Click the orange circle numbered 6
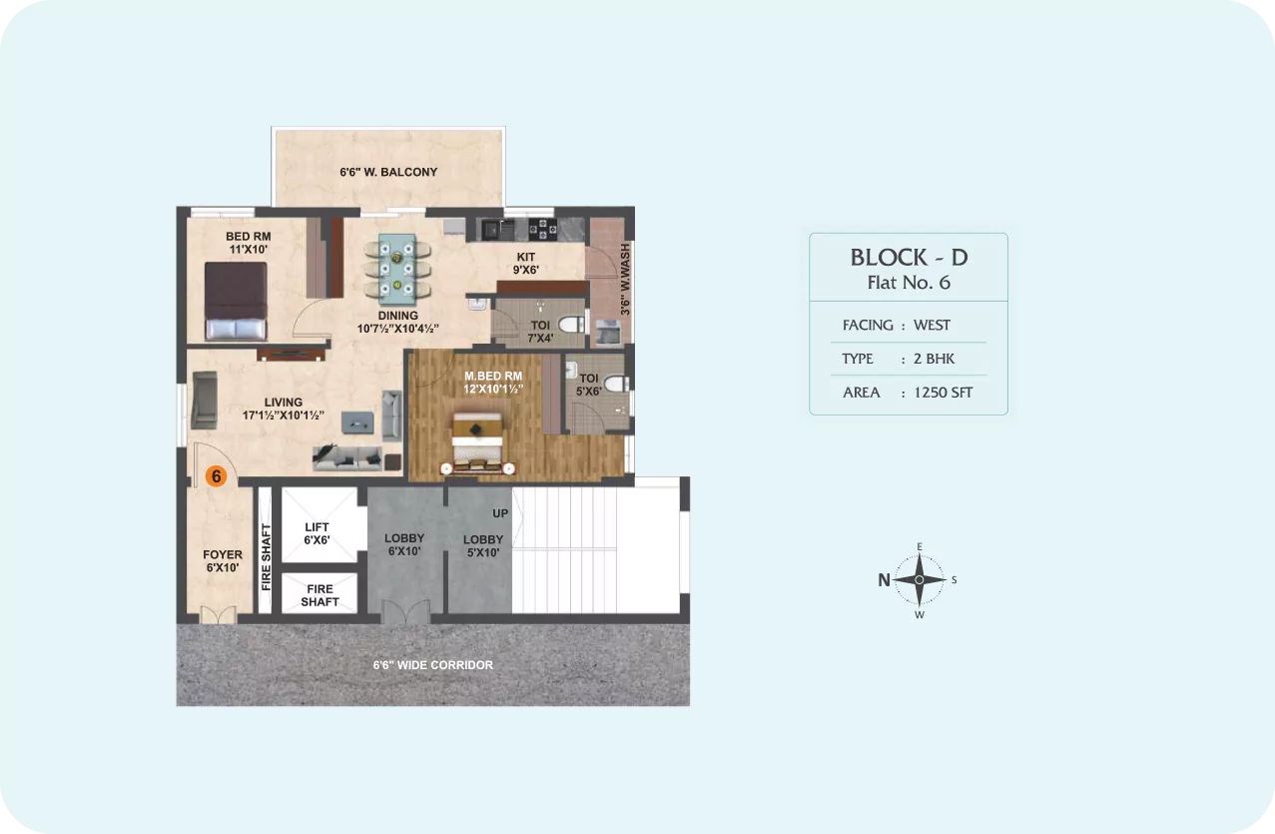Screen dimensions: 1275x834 (x=217, y=475)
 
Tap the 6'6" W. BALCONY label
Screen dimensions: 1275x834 (x=388, y=172)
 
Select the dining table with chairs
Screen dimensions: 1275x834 (x=397, y=268)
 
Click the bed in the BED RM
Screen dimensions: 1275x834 (x=236, y=301)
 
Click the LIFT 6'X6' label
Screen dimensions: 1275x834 (x=317, y=533)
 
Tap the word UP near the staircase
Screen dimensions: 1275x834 (x=500, y=513)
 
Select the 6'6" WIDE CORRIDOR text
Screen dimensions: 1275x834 (x=433, y=665)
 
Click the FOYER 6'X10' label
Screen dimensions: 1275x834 (x=223, y=560)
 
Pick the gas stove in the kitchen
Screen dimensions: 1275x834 (x=542, y=229)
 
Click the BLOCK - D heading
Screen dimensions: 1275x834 (x=909, y=258)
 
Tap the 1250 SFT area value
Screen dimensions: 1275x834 (x=944, y=393)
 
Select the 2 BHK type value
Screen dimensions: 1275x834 (x=935, y=359)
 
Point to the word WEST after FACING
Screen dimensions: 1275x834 (x=932, y=325)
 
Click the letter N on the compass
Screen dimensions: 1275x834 (x=884, y=580)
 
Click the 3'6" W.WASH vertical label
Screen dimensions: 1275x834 (x=625, y=279)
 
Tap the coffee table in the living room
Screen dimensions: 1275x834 (x=357, y=422)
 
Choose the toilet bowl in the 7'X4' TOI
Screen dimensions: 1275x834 (x=571, y=325)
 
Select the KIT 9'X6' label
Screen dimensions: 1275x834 (x=525, y=263)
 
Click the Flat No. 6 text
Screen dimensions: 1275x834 (x=909, y=283)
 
